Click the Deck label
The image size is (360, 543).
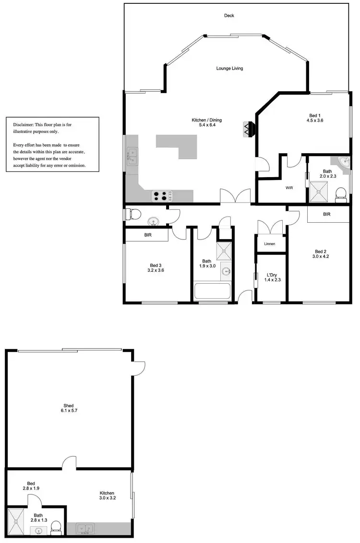[229, 16]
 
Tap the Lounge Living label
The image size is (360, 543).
[229, 68]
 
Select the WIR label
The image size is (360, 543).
[289, 188]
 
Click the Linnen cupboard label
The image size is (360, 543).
[270, 244]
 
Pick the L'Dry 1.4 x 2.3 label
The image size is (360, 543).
[272, 278]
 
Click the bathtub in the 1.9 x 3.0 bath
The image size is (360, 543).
[212, 291]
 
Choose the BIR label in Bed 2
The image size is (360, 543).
[327, 214]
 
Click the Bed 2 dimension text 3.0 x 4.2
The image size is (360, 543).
[321, 256]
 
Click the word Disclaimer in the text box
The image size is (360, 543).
[24, 124]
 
